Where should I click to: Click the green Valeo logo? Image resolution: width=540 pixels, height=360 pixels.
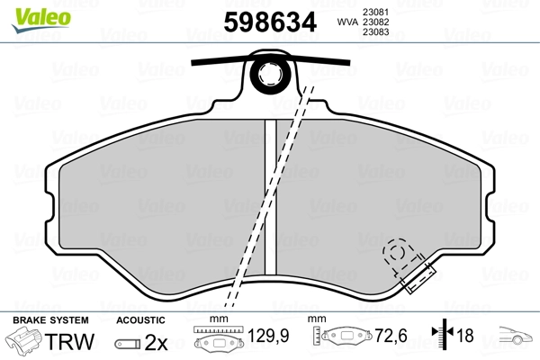(x=41, y=20)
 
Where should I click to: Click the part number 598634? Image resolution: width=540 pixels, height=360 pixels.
(x=270, y=22)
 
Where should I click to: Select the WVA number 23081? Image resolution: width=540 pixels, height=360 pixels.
(x=375, y=12)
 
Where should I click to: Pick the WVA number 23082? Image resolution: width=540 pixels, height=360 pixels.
(x=375, y=22)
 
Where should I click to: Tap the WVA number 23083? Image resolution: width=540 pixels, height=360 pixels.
(x=375, y=32)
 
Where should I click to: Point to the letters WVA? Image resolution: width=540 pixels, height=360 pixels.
(x=347, y=22)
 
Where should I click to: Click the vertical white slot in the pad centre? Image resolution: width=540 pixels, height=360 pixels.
(x=270, y=196)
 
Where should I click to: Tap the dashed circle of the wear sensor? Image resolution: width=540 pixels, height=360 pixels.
(x=397, y=253)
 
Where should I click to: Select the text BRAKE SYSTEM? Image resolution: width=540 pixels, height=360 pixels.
(x=50, y=320)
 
